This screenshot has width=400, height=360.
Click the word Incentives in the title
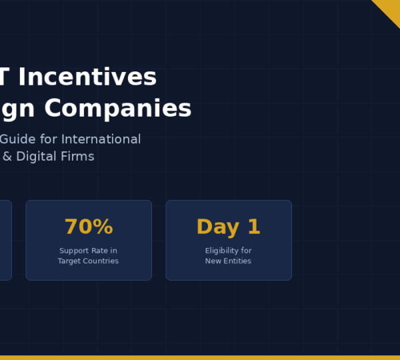[x=87, y=77]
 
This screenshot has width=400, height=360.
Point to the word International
[x=101, y=139]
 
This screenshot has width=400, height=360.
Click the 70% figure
[x=89, y=227]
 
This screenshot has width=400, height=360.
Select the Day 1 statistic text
[x=228, y=227]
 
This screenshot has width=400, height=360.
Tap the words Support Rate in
[x=88, y=251]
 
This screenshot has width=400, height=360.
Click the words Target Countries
[x=88, y=261]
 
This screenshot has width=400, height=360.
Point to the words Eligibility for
[x=228, y=251]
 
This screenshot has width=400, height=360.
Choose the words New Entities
[x=228, y=261]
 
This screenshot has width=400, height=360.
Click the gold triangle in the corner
[x=389, y=9]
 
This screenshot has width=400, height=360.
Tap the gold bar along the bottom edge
[x=200, y=357]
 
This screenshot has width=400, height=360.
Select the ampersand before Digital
[x=7, y=157]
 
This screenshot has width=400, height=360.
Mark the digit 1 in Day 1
[x=253, y=227]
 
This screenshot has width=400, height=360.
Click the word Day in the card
[x=217, y=227]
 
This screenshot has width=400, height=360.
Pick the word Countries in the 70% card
[x=101, y=261]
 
